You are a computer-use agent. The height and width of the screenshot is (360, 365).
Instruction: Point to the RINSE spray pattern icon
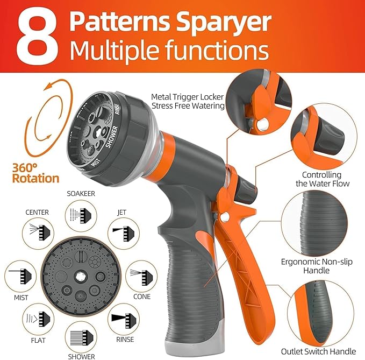(123, 320)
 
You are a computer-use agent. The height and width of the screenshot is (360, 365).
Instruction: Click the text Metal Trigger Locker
(187, 97)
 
